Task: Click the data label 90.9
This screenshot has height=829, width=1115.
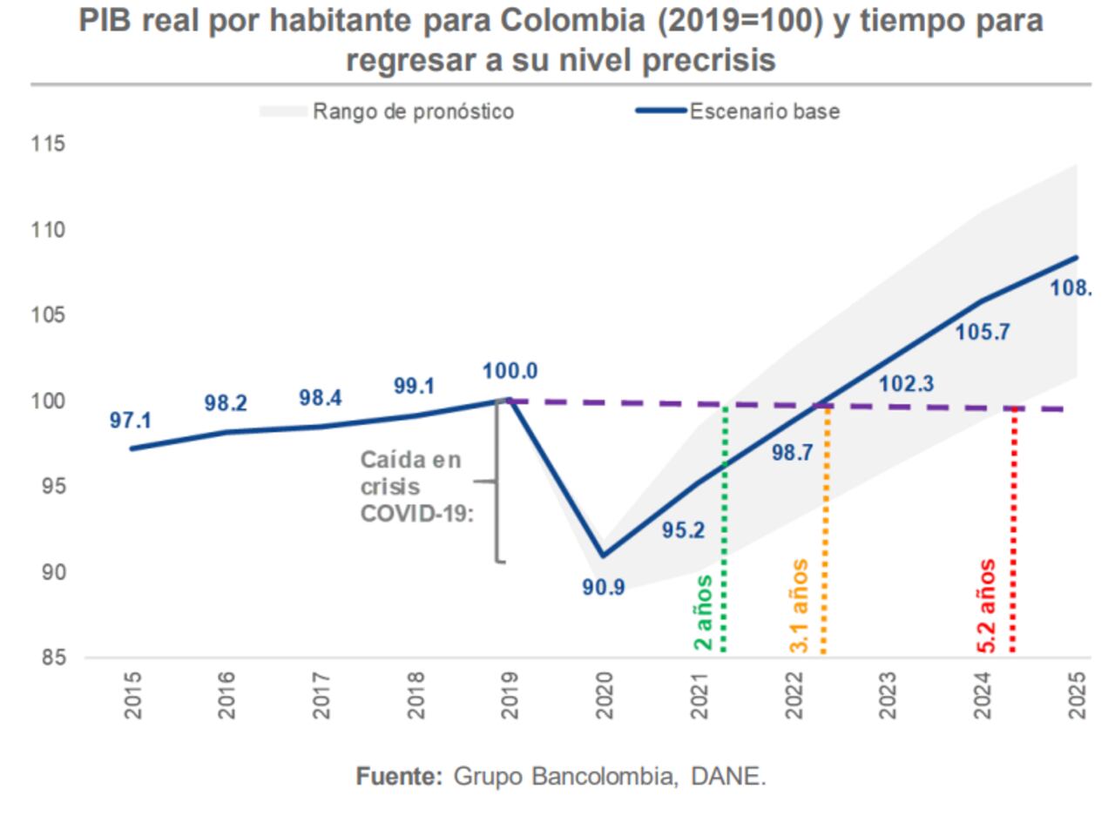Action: pos(603,588)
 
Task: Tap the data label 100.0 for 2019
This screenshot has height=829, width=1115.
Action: pos(510,371)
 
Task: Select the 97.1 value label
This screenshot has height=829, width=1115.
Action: pos(130,421)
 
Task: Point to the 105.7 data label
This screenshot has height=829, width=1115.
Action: pos(982,332)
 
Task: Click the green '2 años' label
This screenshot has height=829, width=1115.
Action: pos(703,612)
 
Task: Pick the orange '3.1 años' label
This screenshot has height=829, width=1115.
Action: pos(799,606)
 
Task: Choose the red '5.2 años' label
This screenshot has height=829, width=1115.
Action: pos(987,606)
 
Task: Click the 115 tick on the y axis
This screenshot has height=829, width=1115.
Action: pos(48,144)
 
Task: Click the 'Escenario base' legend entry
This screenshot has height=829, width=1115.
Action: pos(764,111)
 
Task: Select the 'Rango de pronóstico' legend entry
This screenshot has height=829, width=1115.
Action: pos(413,111)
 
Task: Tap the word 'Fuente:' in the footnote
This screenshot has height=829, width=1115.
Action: pos(399,776)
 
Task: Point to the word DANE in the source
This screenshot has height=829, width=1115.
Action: pos(727,776)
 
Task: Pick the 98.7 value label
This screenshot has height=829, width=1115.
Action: pos(792,453)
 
